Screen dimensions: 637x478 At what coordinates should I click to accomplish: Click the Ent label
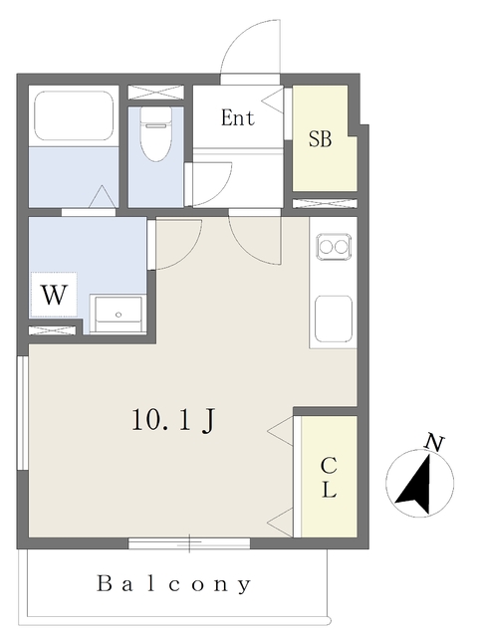point(238,119)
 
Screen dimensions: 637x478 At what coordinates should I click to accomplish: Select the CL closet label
point(329,479)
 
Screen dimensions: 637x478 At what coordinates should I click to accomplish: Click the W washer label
point(55,296)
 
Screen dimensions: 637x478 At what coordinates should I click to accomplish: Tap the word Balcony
point(174,584)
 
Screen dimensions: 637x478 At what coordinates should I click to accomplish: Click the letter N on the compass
point(434,441)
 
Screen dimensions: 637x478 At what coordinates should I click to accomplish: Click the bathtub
point(75,116)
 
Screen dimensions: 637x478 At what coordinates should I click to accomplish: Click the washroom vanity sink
point(119,312)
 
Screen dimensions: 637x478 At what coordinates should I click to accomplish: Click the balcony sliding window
point(189,543)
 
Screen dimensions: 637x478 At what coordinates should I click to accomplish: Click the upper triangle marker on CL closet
point(279,430)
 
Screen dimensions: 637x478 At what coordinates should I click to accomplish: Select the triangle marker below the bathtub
point(103,198)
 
